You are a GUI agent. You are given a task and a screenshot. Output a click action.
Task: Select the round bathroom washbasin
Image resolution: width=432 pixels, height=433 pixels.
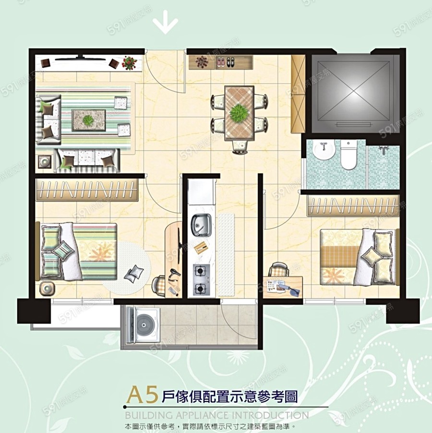click(324, 150)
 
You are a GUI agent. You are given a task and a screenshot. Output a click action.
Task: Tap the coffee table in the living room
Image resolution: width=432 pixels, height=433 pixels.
click(88, 120)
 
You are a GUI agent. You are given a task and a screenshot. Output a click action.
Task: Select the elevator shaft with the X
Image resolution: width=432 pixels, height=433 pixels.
click(355, 94)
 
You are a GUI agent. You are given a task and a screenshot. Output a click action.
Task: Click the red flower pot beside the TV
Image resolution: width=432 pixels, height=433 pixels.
click(129, 63)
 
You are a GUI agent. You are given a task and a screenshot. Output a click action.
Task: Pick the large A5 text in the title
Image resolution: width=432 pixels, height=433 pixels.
click(142, 396)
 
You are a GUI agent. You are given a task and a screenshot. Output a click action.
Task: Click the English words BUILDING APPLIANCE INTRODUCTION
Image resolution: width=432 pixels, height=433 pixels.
click(216, 415)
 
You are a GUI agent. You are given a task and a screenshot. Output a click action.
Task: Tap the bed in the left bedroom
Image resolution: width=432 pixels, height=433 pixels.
click(79, 252)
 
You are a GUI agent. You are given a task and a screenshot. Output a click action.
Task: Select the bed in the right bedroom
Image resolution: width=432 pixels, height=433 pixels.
click(358, 257)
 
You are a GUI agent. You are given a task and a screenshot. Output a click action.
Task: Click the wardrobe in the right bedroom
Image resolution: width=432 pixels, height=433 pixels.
click(353, 205)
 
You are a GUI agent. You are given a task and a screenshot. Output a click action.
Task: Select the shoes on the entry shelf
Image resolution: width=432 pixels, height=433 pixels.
click(226, 61)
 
